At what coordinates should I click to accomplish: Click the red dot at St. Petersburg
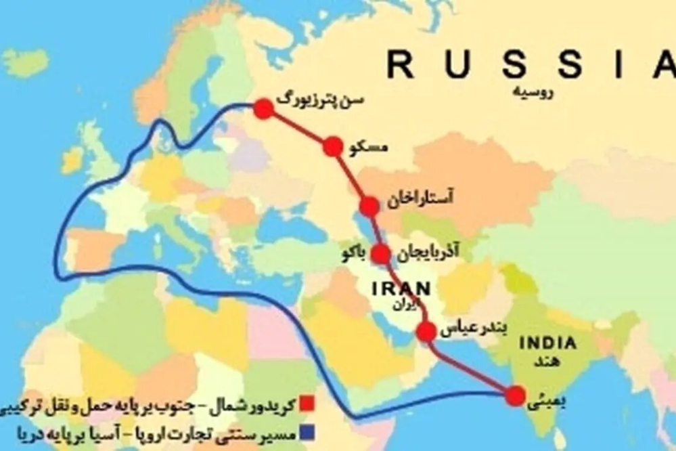264,108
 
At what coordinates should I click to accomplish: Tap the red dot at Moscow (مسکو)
332,146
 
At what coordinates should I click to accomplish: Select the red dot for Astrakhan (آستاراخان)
369,207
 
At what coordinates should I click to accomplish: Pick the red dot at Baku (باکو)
381,254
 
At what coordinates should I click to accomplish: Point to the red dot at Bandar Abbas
426,332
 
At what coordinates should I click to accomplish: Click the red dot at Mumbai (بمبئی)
515,396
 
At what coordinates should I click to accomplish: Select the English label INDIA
548,343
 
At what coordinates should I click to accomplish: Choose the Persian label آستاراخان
421,198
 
